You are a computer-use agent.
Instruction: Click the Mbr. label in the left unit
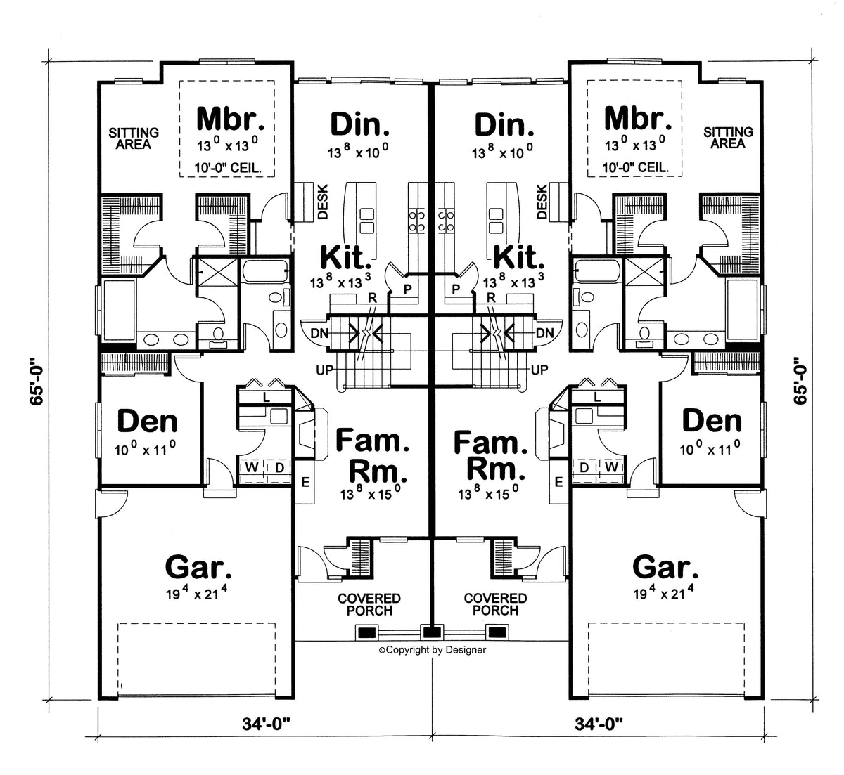[x=231, y=119]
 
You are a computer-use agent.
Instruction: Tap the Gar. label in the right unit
[x=665, y=568]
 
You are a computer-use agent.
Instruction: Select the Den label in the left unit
[x=148, y=421]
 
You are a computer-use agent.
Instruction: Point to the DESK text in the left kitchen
[x=323, y=202]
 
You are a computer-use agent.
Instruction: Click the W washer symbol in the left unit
[x=252, y=467]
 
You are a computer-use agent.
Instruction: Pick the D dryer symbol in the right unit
[x=584, y=467]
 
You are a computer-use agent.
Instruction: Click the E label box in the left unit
[x=305, y=482]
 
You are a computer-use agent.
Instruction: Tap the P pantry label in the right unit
[x=456, y=289]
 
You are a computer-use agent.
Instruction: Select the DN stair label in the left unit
[x=319, y=334]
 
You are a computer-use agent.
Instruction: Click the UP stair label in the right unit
[x=539, y=370]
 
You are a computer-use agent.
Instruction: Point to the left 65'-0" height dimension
[x=37, y=382]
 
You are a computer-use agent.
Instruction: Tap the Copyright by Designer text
[x=433, y=650]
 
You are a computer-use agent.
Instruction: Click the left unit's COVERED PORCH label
[x=369, y=604]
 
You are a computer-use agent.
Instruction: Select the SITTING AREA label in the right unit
[x=728, y=138]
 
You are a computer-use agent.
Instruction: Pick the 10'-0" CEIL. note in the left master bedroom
[x=228, y=168]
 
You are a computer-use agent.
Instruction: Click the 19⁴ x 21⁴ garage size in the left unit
[x=196, y=593]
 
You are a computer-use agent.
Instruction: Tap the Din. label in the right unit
[x=504, y=125]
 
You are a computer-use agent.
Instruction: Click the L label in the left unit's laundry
[x=266, y=397]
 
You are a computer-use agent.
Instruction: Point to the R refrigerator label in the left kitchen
[x=372, y=298]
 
